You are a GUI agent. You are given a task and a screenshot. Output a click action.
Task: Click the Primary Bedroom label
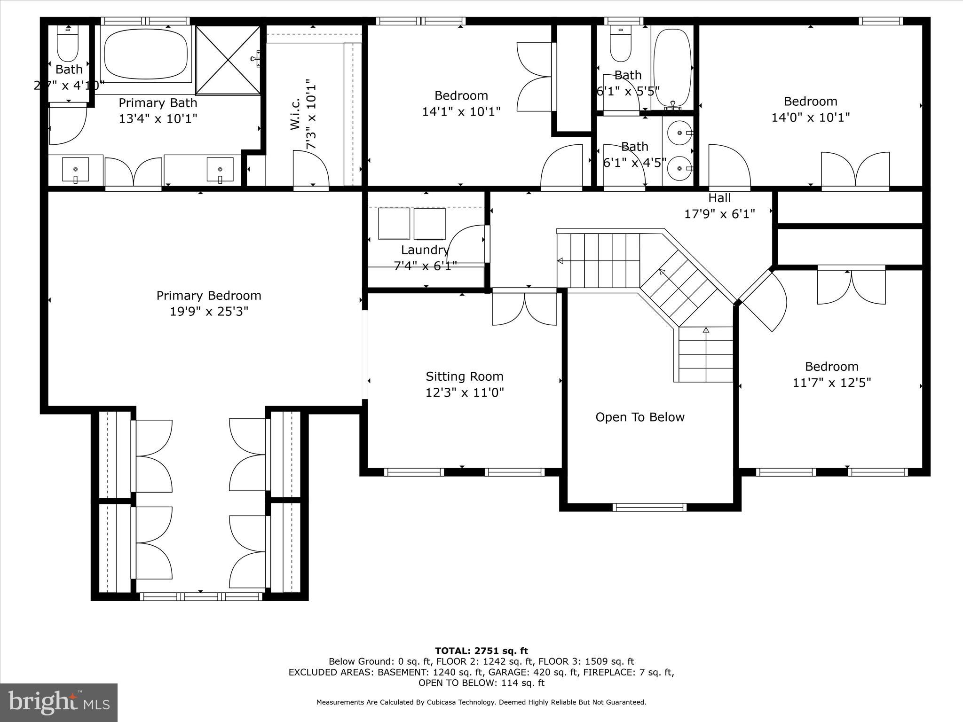pyautogui.click(x=209, y=296)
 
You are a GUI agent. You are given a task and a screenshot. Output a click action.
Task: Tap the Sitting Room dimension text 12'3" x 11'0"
pyautogui.click(x=465, y=392)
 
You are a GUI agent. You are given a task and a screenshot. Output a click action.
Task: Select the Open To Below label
pyautogui.click(x=639, y=417)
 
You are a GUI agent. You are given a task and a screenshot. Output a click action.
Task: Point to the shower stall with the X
pyautogui.click(x=228, y=60)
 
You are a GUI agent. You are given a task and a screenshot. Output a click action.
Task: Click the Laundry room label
pyautogui.click(x=425, y=250)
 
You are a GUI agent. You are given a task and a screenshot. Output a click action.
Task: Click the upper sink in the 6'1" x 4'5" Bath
pyautogui.click(x=680, y=133)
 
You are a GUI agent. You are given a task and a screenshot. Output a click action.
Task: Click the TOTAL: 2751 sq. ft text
pyautogui.click(x=481, y=651)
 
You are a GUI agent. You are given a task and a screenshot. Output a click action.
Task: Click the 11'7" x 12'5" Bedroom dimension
pyautogui.click(x=832, y=383)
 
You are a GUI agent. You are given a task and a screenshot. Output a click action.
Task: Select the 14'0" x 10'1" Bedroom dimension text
pyautogui.click(x=811, y=118)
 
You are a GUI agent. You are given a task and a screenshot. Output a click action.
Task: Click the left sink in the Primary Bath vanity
pyautogui.click(x=75, y=170)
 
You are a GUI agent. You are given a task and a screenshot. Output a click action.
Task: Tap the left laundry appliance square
pyautogui.click(x=394, y=223)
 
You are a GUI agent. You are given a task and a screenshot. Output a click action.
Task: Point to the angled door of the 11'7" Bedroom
pyautogui.click(x=762, y=301)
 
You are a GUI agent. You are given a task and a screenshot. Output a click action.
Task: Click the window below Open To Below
pyautogui.click(x=649, y=507)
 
